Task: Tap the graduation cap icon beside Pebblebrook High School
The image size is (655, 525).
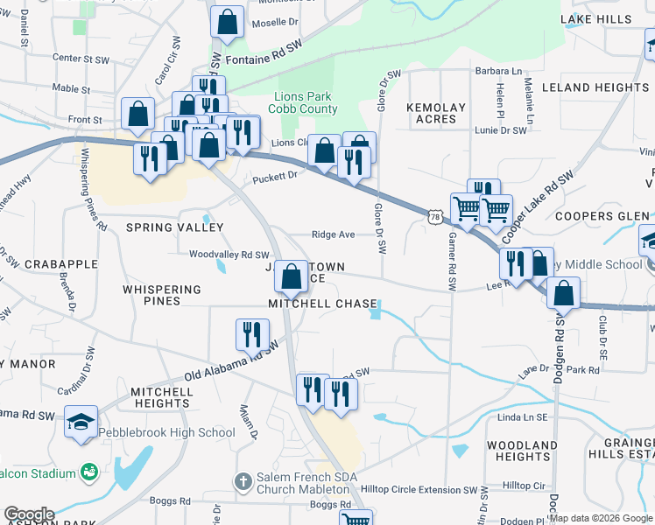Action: tap(81, 422)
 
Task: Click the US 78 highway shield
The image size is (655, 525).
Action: tap(434, 215)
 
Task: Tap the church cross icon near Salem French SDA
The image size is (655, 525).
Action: tap(243, 482)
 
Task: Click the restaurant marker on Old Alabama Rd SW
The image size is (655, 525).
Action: tap(252, 333)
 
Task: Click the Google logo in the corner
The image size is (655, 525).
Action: tap(29, 514)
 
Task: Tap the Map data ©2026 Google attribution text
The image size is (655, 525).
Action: tap(601, 518)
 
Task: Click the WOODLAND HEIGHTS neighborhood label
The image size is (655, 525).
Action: tap(522, 451)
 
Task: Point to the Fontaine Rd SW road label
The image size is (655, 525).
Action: tap(264, 60)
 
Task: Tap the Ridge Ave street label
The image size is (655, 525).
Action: tap(334, 234)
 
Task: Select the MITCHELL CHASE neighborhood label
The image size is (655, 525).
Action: tap(322, 304)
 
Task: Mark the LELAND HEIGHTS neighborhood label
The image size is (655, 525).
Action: tap(595, 87)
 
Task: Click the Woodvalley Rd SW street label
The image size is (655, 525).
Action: tap(229, 254)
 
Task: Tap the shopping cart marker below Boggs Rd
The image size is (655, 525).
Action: tap(356, 520)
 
